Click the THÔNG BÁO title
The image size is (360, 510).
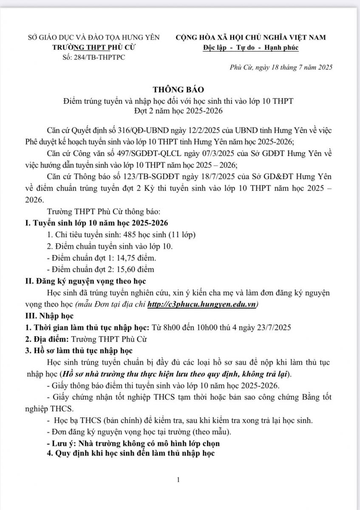coord(179,90)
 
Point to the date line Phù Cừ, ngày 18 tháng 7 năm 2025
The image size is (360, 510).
coord(281,67)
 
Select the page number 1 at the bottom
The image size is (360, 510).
coord(179,480)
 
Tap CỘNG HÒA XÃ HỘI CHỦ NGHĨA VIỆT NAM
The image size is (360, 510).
coord(251,37)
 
